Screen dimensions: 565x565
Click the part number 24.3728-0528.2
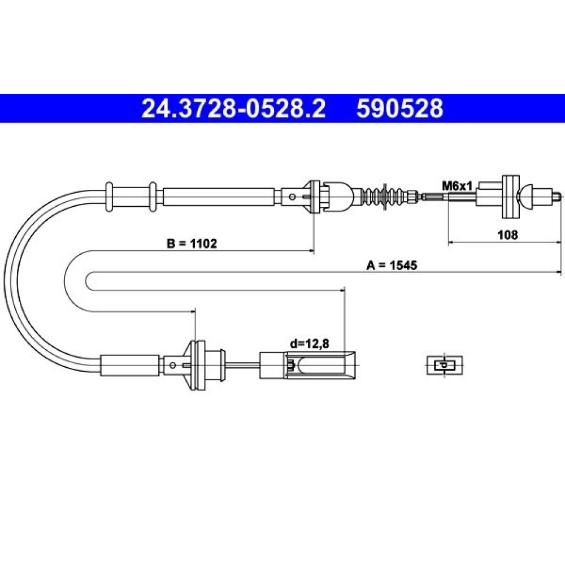[x=233, y=108]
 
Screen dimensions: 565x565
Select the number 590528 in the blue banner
[x=399, y=108]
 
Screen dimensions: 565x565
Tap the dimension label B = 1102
[x=192, y=244]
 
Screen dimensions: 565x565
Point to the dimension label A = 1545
[x=392, y=266]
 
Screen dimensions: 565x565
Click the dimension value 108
[x=507, y=235]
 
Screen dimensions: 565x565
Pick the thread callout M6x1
[x=457, y=186]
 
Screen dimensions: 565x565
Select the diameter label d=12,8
[x=310, y=344]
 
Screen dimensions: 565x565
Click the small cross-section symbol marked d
[x=445, y=366]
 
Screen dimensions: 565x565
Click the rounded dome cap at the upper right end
[x=525, y=197]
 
